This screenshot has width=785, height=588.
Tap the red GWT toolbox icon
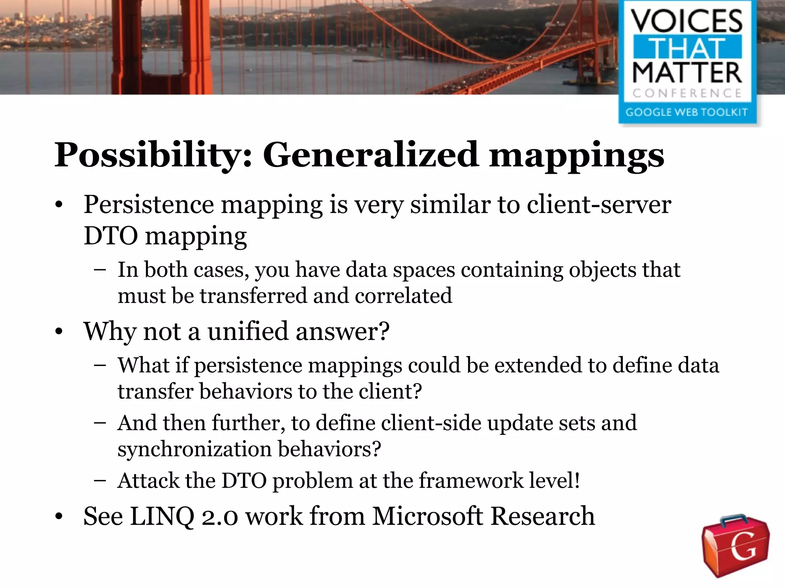[x=736, y=545]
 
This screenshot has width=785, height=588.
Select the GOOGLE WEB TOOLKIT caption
[x=686, y=112]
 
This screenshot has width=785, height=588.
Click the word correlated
[x=403, y=296]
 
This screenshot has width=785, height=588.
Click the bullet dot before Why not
[x=58, y=332]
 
